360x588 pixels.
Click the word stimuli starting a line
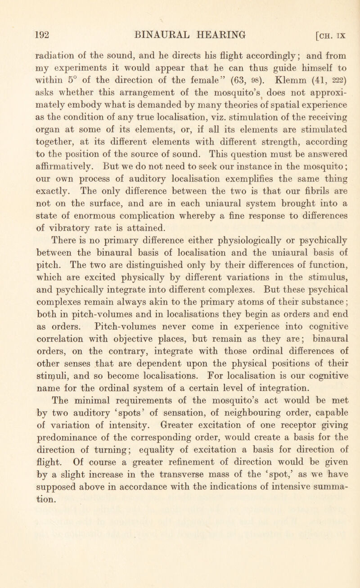coord(49,386)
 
